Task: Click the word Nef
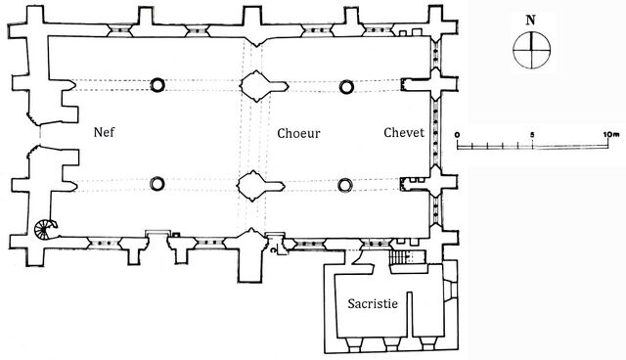tap(105, 132)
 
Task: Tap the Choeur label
tap(298, 133)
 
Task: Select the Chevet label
tap(404, 132)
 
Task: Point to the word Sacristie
tap(373, 303)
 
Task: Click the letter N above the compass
tap(530, 21)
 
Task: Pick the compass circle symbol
tap(531, 51)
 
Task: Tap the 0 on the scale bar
tap(457, 134)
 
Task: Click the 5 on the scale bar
tap(532, 134)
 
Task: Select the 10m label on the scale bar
tap(610, 134)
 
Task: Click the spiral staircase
tap(45, 229)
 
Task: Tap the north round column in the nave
tap(157, 84)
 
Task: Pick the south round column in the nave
tap(157, 184)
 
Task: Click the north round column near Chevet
tap(346, 87)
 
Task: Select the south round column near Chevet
tap(345, 185)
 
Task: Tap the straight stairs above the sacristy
tap(398, 257)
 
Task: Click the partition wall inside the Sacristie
tap(410, 314)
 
